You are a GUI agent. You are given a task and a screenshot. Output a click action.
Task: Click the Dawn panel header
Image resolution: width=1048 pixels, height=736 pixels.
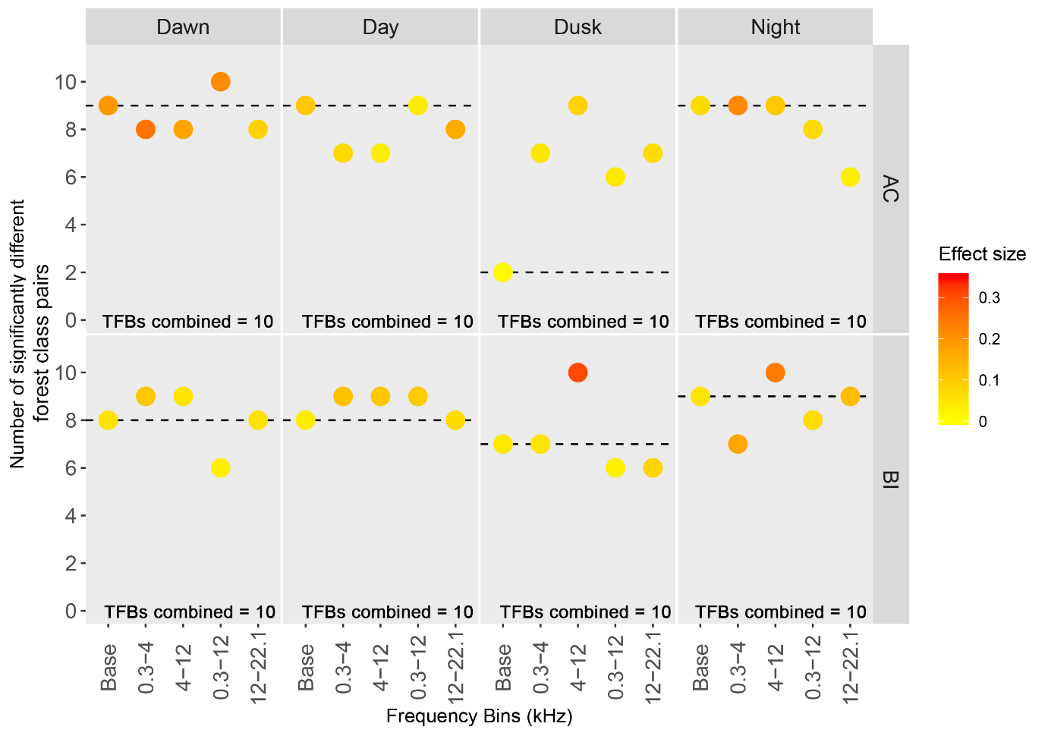click(x=183, y=27)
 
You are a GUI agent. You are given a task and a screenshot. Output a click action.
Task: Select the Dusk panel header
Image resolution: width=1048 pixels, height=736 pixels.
click(x=578, y=27)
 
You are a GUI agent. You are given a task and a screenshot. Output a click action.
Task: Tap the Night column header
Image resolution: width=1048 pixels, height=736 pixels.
click(x=775, y=27)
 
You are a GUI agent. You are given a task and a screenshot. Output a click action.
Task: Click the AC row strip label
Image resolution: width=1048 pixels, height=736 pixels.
click(x=891, y=189)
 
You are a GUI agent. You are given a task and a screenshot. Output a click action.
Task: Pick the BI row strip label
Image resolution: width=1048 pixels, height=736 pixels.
click(x=891, y=480)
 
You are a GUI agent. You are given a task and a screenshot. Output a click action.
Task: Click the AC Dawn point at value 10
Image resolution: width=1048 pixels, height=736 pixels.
click(x=220, y=82)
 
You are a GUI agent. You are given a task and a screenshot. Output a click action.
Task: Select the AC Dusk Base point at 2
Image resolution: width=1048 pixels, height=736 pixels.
click(x=502, y=272)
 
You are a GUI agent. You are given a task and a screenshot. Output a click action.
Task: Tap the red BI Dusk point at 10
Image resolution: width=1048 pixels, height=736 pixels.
click(x=578, y=373)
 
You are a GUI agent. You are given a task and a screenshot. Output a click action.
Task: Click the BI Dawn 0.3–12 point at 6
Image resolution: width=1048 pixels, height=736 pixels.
click(x=220, y=468)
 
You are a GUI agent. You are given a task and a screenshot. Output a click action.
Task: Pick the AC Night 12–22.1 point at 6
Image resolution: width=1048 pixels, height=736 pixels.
click(x=850, y=177)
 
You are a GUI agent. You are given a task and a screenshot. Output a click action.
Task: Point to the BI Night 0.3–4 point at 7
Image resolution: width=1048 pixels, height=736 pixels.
click(x=738, y=444)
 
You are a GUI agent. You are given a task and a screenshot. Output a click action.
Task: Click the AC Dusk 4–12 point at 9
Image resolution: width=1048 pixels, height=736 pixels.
click(x=578, y=105)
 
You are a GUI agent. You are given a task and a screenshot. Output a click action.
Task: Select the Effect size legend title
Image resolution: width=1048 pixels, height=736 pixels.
click(x=982, y=254)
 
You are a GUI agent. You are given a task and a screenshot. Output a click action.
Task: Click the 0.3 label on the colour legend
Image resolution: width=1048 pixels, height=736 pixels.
click(x=989, y=297)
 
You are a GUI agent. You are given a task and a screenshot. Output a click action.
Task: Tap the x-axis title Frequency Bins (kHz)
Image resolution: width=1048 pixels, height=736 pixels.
click(x=479, y=716)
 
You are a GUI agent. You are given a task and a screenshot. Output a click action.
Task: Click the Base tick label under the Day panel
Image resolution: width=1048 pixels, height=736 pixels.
click(x=306, y=667)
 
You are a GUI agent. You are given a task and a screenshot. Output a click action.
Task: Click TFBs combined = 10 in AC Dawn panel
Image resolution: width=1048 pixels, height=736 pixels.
click(x=187, y=322)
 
